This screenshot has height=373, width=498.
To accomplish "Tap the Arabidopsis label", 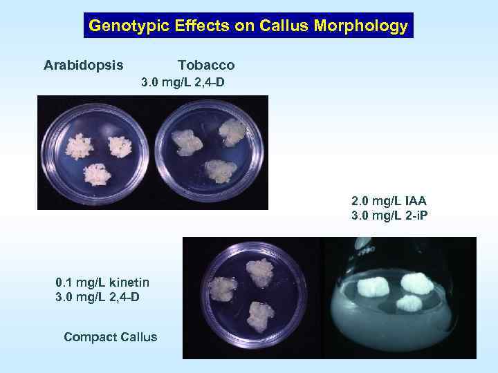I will pos(84,66).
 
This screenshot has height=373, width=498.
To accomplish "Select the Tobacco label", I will pos(206,66).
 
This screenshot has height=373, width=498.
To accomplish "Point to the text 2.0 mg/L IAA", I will pos(389,201).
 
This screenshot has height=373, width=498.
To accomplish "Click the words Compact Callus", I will pos(110,337).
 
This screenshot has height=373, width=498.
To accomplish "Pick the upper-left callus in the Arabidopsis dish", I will pos(81,146).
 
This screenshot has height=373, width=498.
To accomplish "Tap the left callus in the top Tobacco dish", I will pos(187,142).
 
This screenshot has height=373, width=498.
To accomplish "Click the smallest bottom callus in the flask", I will pos(409,303).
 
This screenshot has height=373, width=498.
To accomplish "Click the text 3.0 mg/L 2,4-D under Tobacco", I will pos(183,83).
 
